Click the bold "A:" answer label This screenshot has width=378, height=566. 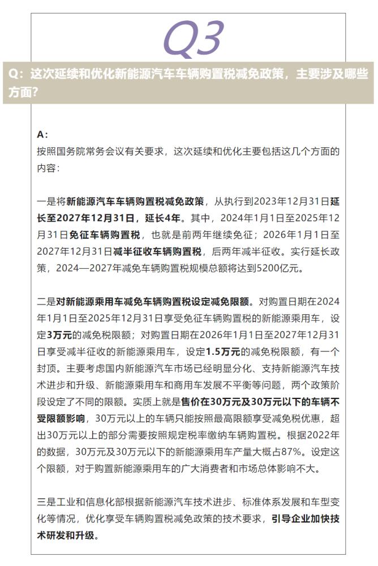point(42,135)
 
